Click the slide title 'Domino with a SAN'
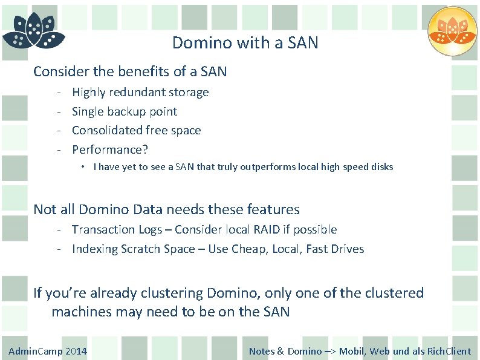click(245, 43)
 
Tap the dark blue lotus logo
click(33, 31)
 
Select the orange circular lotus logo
click(452, 31)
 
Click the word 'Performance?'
click(109, 149)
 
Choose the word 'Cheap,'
click(250, 249)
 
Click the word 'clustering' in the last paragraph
click(172, 293)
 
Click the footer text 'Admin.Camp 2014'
click(48, 351)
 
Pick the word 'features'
click(273, 209)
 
